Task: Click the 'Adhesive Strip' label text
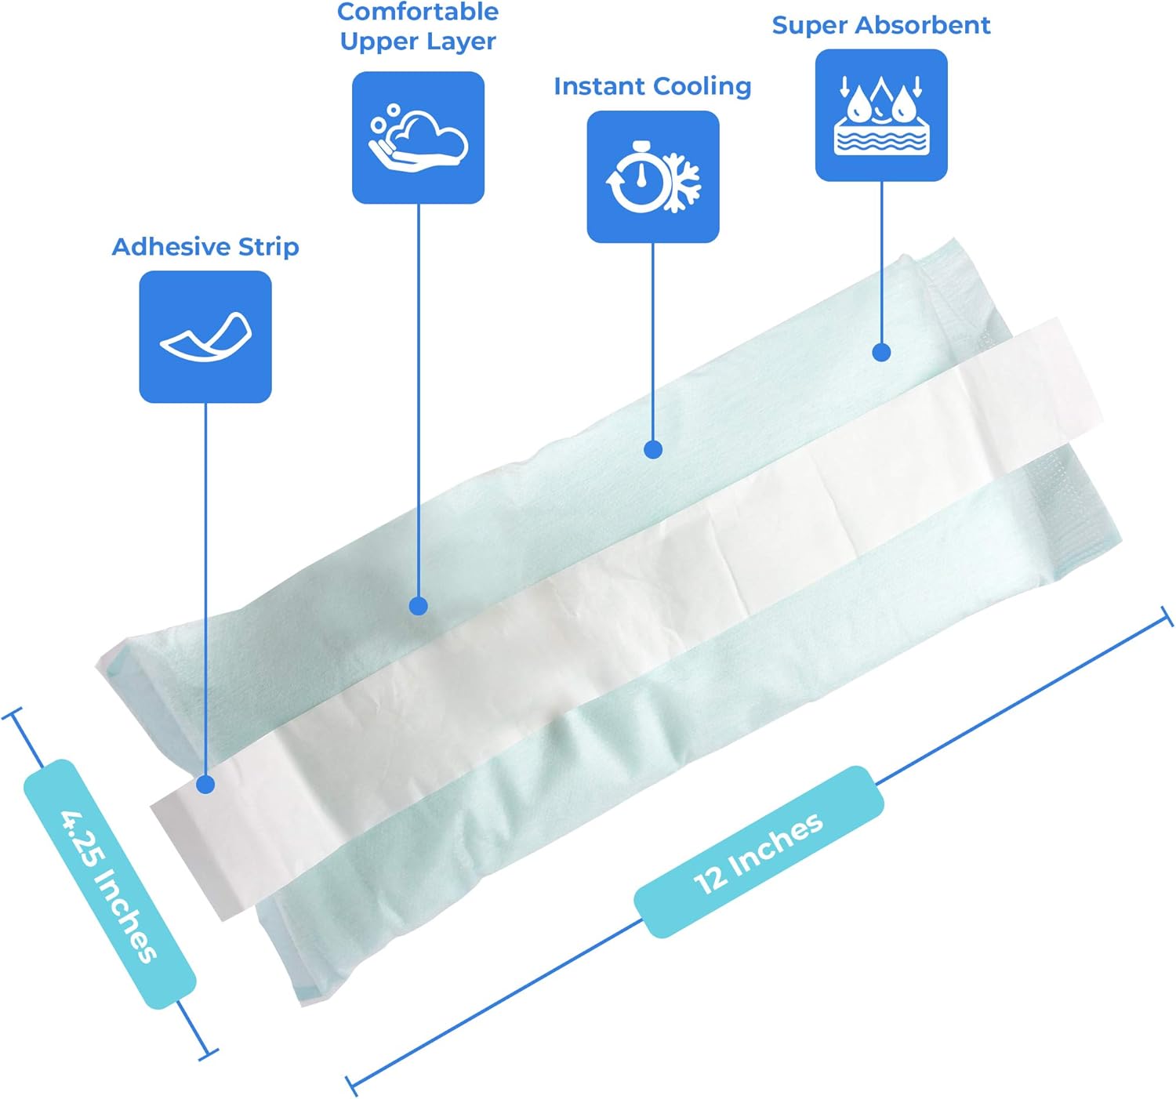pos(205,247)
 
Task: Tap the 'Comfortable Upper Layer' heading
pos(418,27)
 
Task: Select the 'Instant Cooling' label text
pos(652,86)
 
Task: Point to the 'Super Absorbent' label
pos(881,25)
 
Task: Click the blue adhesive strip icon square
pos(205,337)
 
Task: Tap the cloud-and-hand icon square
pos(418,138)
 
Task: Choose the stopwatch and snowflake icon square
pos(653,176)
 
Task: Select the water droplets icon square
pos(881,115)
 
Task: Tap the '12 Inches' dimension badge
pos(759,852)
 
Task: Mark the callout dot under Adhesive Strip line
pos(205,785)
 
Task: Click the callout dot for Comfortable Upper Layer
pos(419,606)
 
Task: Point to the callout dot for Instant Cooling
pos(653,449)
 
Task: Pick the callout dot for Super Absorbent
pos(882,352)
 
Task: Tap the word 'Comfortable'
pos(418,13)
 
